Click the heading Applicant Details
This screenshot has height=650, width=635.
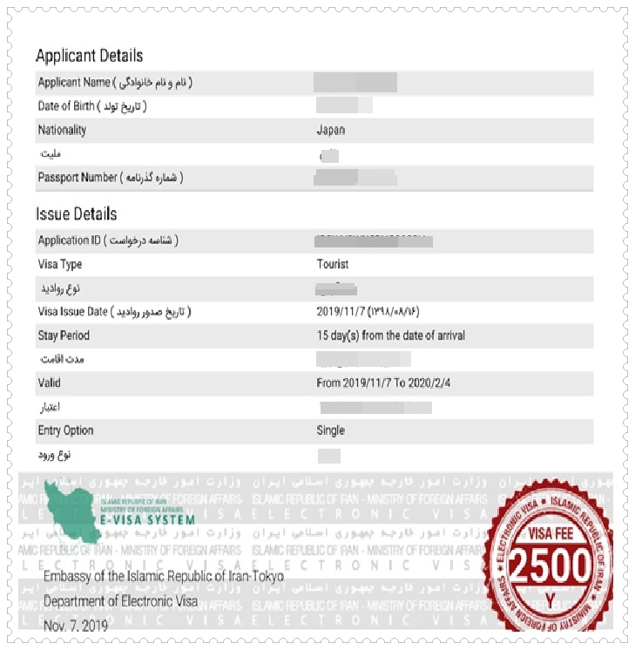[x=89, y=56]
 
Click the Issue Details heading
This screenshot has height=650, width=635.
[x=76, y=213]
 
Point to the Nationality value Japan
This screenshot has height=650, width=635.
[x=330, y=131]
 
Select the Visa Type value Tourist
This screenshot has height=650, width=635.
[x=332, y=264]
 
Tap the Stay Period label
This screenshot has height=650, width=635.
[x=64, y=335]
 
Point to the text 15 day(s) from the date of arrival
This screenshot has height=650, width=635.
[x=390, y=335]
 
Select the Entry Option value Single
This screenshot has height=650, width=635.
[x=330, y=430]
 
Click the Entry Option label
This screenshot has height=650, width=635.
[x=65, y=430]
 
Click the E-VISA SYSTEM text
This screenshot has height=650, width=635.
[x=147, y=520]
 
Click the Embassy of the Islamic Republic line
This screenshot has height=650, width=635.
[x=163, y=578]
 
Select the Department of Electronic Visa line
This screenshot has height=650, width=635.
[x=120, y=601]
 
